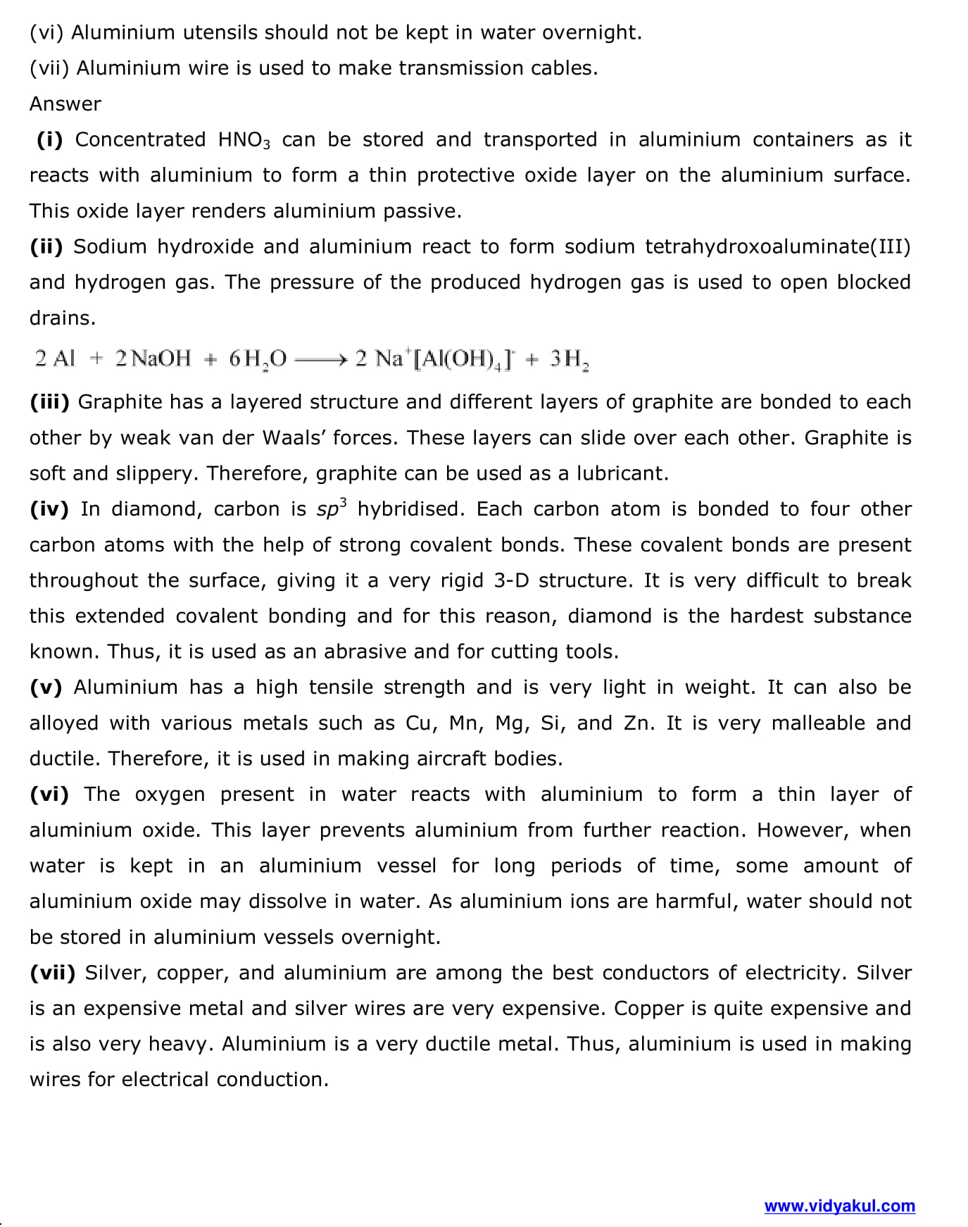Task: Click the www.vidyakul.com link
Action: [x=839, y=1206]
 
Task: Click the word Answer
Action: [x=65, y=104]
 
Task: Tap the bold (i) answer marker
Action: [x=49, y=139]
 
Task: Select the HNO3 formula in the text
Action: [x=244, y=140]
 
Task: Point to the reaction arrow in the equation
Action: [x=321, y=359]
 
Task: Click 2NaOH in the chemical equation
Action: [x=153, y=359]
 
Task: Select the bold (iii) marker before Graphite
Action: [x=49, y=401]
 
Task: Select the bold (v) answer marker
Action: [x=46, y=687]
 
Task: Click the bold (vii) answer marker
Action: [x=52, y=973]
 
